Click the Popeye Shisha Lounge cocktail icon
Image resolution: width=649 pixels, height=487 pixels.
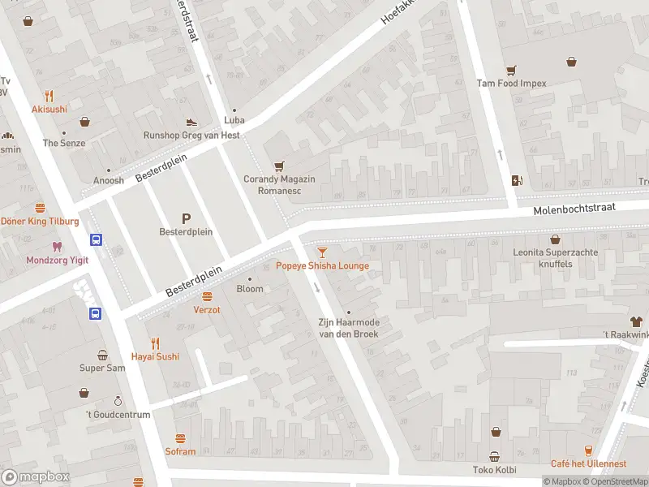pos(323,252)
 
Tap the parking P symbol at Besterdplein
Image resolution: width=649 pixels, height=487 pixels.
pos(186,218)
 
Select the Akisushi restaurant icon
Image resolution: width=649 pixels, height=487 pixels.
pos(49,95)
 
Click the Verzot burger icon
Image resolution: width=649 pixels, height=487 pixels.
pos(207,296)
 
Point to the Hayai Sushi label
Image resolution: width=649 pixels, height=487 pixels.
pos(155,356)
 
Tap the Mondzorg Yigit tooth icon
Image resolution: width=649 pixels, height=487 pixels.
pos(57,247)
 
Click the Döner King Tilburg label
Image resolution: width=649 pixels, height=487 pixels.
pos(40,222)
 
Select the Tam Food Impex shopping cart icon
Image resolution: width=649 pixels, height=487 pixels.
pos(511,70)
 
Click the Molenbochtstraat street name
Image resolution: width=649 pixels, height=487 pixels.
pos(574,209)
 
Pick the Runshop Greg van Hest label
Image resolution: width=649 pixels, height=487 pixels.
pos(191,136)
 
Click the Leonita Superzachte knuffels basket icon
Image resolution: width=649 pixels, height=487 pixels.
pos(555,239)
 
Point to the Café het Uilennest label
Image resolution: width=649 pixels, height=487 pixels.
pos(588,463)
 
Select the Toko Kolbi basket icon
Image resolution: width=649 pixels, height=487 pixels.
pos(494,456)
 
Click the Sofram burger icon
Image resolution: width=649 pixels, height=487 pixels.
pos(180,438)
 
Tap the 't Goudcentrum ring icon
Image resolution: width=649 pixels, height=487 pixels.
pos(118,401)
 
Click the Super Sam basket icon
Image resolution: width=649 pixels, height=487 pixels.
pos(102,355)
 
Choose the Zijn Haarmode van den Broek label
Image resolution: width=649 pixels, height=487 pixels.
pos(348,327)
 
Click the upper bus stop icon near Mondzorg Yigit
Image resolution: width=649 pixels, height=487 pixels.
pos(96,240)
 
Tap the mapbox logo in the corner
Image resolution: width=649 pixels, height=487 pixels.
pos(36,477)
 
